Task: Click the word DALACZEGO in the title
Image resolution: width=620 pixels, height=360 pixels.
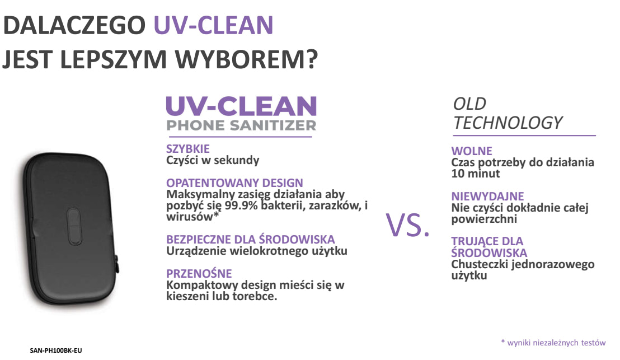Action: tap(74, 25)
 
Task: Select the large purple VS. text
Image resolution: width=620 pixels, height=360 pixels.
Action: tap(408, 225)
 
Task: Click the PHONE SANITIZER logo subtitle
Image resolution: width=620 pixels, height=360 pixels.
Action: tap(241, 125)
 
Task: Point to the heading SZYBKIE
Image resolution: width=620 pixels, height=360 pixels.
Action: tap(188, 149)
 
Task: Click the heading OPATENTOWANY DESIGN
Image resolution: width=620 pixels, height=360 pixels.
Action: tap(234, 183)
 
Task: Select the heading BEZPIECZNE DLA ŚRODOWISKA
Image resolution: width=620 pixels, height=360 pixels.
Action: tap(250, 239)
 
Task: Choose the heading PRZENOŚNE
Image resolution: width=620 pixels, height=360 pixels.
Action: tap(199, 273)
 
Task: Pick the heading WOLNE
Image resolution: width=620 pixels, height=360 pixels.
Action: tap(472, 151)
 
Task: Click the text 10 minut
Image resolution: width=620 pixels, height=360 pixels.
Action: tap(476, 174)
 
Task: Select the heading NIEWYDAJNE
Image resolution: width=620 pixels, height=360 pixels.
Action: tap(487, 196)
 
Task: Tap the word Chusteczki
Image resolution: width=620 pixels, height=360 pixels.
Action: tap(480, 264)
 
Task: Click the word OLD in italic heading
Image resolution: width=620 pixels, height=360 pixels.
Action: tap(469, 104)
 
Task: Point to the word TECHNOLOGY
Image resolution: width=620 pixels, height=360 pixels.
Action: tap(508, 123)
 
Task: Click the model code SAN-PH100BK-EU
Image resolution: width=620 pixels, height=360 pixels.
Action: tap(56, 350)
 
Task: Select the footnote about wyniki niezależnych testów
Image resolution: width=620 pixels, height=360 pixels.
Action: tap(553, 343)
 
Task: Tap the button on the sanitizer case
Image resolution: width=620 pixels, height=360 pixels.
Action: tap(74, 226)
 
